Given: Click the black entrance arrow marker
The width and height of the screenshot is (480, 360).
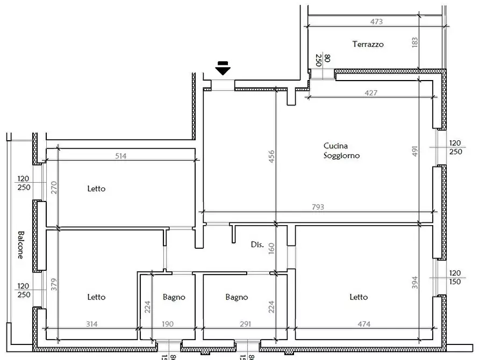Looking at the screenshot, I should (223, 68).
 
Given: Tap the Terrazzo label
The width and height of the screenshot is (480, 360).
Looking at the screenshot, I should (368, 45).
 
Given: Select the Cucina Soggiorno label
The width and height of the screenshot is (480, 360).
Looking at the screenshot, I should (342, 151).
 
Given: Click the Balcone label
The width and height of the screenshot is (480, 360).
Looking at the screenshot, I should (20, 245).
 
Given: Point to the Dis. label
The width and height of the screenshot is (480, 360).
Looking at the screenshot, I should (257, 244).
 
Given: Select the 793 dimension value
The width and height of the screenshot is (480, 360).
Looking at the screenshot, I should (318, 207).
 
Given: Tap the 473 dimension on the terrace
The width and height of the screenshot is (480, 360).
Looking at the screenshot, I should (377, 22).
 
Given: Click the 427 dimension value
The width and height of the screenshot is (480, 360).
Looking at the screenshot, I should (371, 92).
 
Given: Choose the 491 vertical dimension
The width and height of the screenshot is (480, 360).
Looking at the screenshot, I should (415, 151).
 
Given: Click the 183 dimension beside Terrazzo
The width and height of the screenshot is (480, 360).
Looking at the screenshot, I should (415, 43).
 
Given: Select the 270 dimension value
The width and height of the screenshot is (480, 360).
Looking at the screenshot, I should (54, 188).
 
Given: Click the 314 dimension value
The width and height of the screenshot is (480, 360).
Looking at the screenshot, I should (92, 324).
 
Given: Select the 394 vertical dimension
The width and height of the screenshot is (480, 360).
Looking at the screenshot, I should (415, 283).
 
